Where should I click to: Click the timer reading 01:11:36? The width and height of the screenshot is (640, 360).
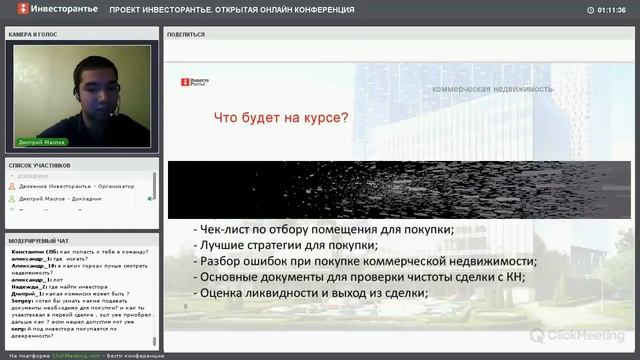612,9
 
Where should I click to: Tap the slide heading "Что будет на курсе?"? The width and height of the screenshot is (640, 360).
281,118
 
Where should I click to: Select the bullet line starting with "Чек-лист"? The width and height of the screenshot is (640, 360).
323,230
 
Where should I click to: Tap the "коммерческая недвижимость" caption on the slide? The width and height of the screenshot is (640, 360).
492,89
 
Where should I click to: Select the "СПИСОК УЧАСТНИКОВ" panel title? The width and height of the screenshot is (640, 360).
39,164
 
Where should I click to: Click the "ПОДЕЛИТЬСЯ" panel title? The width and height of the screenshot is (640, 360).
187,34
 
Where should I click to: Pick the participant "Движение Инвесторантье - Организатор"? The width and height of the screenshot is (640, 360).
76,187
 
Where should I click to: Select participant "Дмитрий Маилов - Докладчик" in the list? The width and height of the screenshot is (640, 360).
66,199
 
